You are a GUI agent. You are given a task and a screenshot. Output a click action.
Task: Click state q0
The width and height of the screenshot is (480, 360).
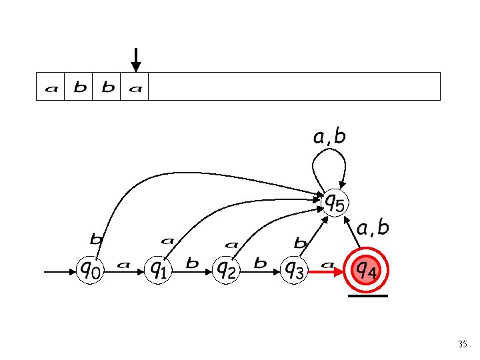tap(91, 270)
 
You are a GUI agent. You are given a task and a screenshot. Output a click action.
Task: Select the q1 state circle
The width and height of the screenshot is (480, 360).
tap(159, 270)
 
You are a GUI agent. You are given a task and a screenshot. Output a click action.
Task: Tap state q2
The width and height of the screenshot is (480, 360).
tap(227, 270)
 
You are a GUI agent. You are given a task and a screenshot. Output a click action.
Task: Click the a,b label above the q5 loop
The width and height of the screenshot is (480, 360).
tap(330, 137)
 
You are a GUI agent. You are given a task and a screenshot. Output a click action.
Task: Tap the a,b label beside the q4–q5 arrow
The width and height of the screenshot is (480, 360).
tap(373, 228)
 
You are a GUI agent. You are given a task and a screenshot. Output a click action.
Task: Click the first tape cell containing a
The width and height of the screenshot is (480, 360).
tap(50, 87)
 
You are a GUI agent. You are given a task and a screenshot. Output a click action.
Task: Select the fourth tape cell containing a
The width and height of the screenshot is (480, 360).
tap(135, 87)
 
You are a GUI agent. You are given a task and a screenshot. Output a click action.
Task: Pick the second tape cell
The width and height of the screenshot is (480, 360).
tap(79, 87)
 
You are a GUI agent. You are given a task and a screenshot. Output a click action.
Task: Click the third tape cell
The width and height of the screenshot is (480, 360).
tap(107, 87)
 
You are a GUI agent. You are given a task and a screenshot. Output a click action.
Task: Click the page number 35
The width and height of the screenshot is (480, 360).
tap(463, 345)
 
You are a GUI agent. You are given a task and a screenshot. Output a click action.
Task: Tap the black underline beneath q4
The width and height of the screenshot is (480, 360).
tap(367, 295)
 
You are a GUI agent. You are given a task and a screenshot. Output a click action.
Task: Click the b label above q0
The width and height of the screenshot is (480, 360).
tap(96, 238)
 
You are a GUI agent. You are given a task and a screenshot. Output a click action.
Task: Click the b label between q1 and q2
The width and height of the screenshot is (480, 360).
tap(193, 263)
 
